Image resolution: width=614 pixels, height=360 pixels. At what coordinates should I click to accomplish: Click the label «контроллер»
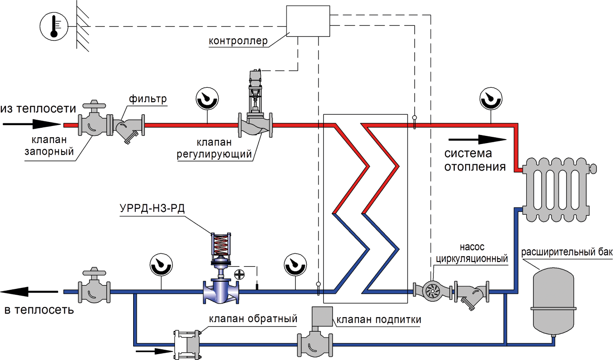[238, 41]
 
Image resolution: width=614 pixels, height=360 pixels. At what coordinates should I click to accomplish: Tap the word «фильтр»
[148, 99]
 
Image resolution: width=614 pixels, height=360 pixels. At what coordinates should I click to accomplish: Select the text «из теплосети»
[38, 109]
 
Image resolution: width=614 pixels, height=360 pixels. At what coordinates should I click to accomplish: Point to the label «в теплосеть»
[39, 310]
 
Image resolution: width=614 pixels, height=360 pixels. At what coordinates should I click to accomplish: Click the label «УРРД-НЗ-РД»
[152, 208]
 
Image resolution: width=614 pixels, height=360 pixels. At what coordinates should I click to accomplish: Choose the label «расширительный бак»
[567, 252]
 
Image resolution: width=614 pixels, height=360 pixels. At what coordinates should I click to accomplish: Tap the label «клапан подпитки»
[379, 319]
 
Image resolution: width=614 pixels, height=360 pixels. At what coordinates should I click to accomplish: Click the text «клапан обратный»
[253, 319]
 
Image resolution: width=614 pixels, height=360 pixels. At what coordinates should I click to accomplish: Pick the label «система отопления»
[475, 160]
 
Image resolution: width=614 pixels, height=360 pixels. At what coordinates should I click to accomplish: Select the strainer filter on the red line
[128, 127]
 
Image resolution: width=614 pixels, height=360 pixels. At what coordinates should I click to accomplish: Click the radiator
[558, 189]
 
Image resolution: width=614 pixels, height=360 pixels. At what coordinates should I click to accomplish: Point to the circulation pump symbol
[432, 291]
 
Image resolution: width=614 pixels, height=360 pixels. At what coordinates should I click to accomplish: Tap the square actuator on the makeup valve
[322, 316]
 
